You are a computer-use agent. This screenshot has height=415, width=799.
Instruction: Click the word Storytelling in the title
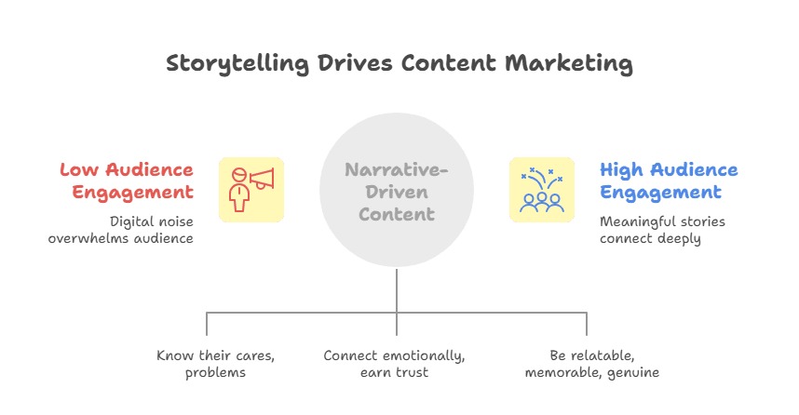click(237, 64)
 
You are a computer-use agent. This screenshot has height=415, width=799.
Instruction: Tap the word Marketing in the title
click(569, 64)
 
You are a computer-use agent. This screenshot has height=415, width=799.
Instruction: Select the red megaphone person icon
click(251, 190)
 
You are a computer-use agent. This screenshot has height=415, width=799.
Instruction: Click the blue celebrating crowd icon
click(542, 190)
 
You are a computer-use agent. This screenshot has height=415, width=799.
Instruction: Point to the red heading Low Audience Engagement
click(127, 181)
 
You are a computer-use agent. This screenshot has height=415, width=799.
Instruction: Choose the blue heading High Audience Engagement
click(669, 181)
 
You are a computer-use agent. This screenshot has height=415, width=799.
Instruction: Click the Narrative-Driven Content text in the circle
click(397, 192)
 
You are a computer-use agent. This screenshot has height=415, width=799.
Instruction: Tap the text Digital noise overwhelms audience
click(121, 230)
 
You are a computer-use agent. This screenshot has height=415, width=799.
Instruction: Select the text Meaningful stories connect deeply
click(662, 230)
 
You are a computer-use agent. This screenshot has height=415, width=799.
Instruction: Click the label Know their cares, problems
click(215, 364)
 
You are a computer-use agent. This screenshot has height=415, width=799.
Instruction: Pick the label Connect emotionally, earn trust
click(395, 364)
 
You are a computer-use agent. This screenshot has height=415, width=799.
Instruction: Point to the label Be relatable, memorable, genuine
click(592, 364)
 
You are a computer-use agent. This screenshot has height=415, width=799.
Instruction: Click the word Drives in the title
click(355, 63)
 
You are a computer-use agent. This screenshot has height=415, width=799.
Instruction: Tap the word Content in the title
click(449, 63)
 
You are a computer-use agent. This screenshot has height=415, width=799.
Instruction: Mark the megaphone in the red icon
click(262, 179)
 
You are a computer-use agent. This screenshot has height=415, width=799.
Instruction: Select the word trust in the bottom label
click(413, 372)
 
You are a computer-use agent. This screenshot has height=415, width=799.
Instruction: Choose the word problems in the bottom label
click(215, 373)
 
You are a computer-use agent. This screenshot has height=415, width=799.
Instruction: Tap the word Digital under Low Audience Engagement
click(131, 222)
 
